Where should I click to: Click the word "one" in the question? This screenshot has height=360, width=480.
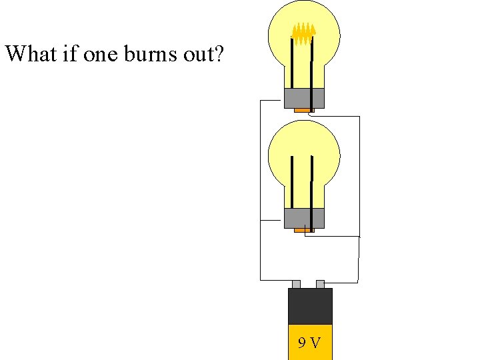tap(101, 53)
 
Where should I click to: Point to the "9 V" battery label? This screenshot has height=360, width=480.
tap(309, 343)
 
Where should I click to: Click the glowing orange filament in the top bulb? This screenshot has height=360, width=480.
tap(304, 33)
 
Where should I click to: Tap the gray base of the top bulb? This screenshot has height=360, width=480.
tap(304, 98)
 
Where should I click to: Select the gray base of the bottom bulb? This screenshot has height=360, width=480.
tap(304, 218)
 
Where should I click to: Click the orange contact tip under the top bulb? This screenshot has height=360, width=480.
tap(304, 110)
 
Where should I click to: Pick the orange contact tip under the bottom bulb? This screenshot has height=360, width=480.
tap(304, 230)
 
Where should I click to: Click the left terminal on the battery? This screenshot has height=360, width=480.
tap(296, 284)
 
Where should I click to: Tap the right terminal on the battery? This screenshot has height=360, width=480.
tap(320, 284)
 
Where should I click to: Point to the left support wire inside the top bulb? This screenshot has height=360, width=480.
tap(291, 63)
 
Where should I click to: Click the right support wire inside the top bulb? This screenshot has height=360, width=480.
tap(311, 63)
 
